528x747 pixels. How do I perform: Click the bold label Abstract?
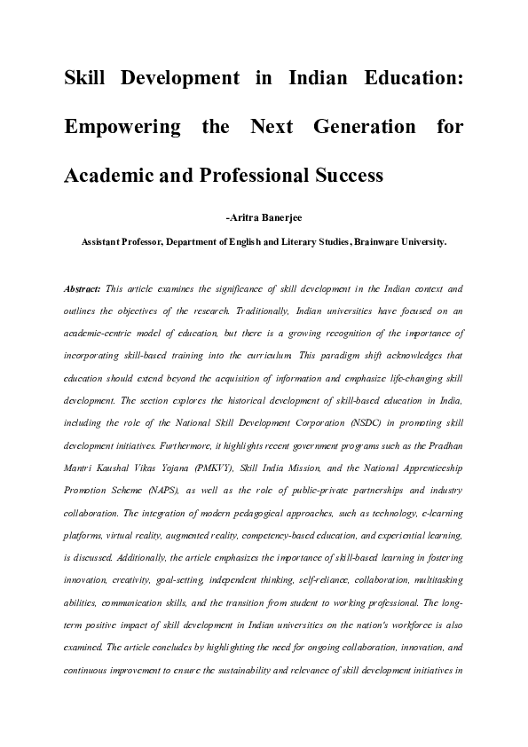pyautogui.click(x=82, y=289)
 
